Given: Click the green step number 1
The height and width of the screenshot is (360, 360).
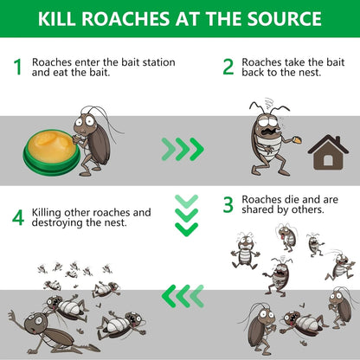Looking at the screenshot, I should click(16, 67).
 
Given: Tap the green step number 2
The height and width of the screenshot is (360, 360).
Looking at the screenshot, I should click(228, 67).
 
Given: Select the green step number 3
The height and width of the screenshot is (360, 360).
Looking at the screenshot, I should click(228, 205).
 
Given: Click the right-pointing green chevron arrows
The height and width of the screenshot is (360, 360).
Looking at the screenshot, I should click(183, 150).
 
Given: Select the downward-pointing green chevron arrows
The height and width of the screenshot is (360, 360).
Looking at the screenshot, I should click(186, 215).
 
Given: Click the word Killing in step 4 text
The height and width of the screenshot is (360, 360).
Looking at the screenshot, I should click(48, 212).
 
